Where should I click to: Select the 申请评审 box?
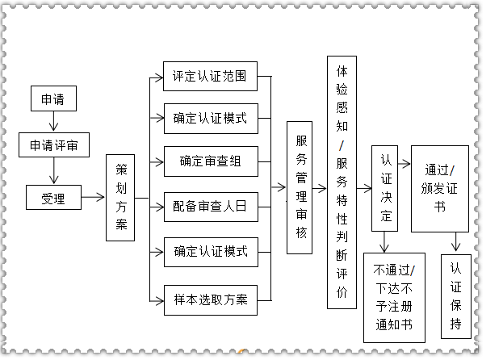tap(54, 145)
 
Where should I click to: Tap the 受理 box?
tap(53, 196)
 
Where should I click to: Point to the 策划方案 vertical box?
tap(121, 197)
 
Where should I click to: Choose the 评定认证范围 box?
tap(210, 78)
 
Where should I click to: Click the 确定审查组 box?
tap(210, 161)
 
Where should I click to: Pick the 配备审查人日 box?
tap(210, 207)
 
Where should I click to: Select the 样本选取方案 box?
tap(210, 299)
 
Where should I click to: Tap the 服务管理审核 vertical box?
tap(300, 187)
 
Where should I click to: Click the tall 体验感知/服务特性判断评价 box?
tap(342, 182)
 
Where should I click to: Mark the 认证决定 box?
tap(385, 187)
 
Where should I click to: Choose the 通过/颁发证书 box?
tap(439, 188)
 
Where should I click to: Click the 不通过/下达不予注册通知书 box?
tap(394, 296)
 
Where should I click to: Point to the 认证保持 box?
tap(456, 295)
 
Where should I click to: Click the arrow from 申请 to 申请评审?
tap(54, 122)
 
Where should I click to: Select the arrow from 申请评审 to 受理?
tap(54, 170)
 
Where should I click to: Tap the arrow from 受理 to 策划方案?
tap(93, 197)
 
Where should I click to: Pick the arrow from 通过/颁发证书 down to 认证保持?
tap(456, 241)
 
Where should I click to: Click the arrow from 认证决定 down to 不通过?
tap(385, 241)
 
